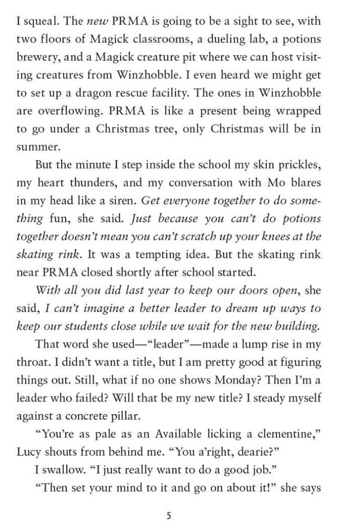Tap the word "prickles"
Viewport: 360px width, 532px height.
(x=300, y=164)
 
